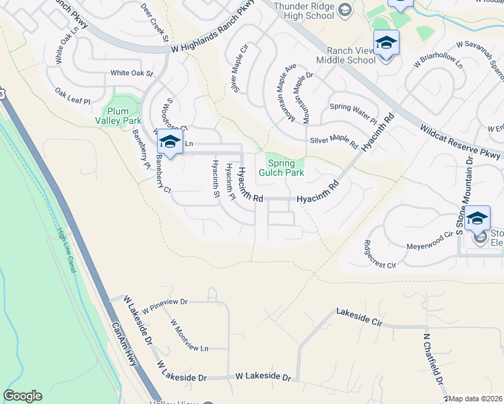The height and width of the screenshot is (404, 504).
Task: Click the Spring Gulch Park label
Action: click(x=286, y=168)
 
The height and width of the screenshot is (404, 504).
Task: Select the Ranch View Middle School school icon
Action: click(x=386, y=43)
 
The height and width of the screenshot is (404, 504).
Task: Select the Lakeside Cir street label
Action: click(x=358, y=318)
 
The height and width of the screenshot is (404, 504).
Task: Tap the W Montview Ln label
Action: click(x=189, y=335)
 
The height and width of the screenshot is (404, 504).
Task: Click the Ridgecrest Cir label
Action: click(x=380, y=255)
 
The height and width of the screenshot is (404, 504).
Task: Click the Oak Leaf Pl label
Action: click(x=72, y=96)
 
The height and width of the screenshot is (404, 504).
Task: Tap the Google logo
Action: click(x=22, y=396)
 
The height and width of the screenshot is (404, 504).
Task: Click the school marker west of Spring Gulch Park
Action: click(x=170, y=143)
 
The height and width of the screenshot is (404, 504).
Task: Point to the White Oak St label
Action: click(x=132, y=73)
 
